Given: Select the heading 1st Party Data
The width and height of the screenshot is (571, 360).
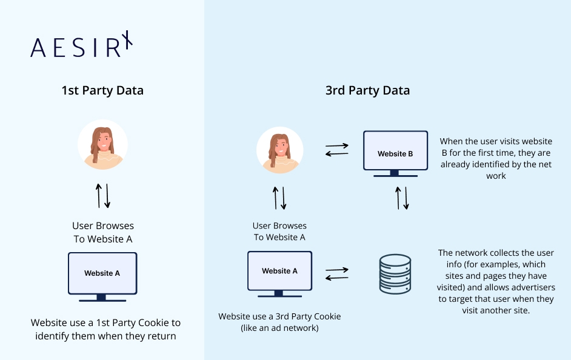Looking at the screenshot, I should tap(102, 91).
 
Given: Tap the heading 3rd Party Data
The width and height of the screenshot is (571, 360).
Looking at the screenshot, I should tap(367, 91).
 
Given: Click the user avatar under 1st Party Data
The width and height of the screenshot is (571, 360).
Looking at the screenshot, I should tap(102, 144).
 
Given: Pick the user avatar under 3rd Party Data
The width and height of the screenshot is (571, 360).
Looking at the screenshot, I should tap(279, 149).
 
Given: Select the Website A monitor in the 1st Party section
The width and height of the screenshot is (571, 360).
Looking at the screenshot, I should tap(102, 273).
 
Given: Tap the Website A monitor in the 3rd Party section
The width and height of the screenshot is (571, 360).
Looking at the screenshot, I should tap(279, 271).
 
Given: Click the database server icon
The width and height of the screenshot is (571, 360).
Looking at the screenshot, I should tap(395, 275).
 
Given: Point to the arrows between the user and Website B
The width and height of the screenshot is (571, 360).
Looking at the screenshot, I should tap(337, 149).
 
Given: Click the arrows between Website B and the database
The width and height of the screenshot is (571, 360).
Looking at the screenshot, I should tap(402, 198).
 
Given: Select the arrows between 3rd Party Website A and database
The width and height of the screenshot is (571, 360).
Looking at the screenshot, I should tap(337, 274).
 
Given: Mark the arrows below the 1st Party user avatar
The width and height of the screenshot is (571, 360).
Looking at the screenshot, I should tap(103, 195).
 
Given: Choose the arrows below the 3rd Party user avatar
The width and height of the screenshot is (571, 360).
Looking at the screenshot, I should tap(279, 198).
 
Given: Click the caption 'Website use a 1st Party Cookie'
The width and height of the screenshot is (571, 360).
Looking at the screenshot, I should tap(105, 322).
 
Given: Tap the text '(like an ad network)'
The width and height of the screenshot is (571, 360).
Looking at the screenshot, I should tap(279, 328).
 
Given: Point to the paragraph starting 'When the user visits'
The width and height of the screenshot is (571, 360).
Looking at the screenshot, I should tap(496, 159).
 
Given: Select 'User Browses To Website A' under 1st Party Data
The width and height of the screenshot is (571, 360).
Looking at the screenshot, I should tap(103, 233).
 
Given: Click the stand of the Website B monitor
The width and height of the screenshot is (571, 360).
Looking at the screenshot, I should tap(395, 174).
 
